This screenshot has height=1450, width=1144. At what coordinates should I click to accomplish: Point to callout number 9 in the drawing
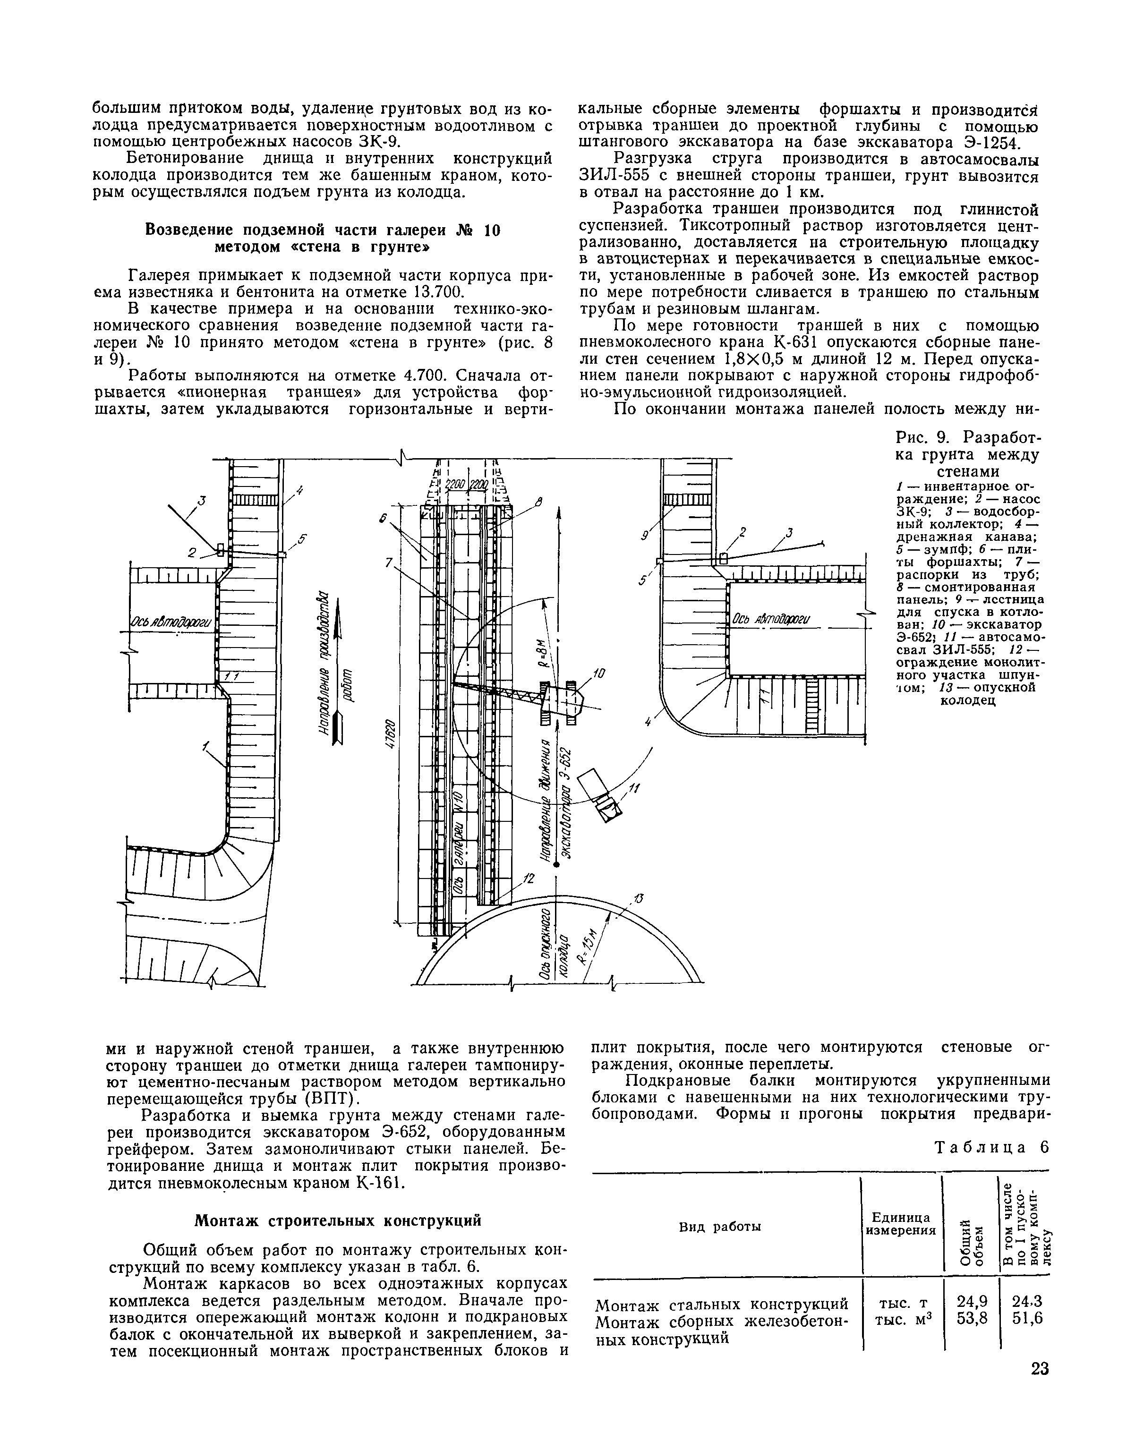tap(645, 535)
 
